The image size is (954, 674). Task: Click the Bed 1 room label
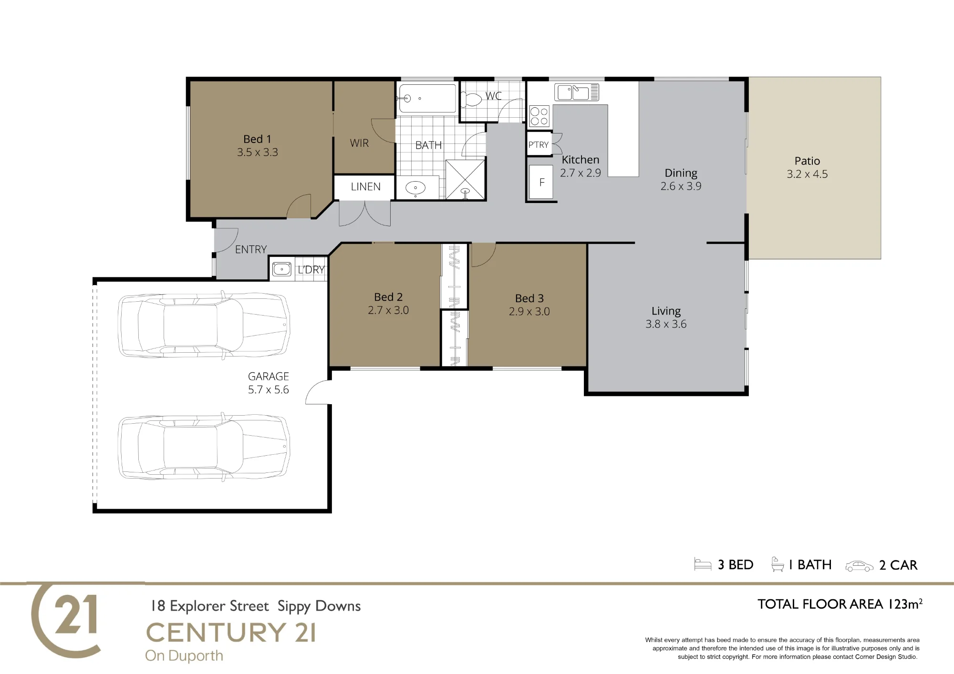[257, 139]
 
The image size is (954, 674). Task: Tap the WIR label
[359, 143]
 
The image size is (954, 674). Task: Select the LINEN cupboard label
[366, 187]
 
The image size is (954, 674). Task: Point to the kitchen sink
[576, 92]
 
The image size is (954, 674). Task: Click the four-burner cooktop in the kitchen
[539, 116]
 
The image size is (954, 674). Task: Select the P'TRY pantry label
[539, 145]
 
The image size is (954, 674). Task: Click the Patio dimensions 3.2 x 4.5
[807, 174]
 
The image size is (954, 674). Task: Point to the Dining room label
[681, 173]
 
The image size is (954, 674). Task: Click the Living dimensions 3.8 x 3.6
[666, 324]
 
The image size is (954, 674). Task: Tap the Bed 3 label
[529, 298]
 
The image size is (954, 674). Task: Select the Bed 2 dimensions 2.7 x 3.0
[388, 310]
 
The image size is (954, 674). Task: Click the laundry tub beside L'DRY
[281, 269]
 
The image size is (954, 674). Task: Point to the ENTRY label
[251, 249]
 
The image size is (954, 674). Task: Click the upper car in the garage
[204, 324]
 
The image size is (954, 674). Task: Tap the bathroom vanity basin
[415, 188]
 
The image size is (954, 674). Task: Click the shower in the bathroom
[465, 179]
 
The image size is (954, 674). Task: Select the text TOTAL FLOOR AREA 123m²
[840, 604]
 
